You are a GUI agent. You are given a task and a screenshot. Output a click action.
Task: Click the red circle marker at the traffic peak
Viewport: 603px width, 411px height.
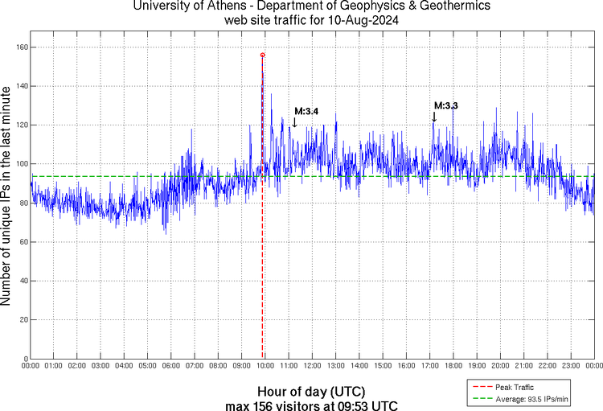point(262,55)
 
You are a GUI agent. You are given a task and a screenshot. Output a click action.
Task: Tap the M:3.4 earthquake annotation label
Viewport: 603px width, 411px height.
point(306,111)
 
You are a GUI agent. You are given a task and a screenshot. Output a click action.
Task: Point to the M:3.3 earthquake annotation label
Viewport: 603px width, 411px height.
point(446,105)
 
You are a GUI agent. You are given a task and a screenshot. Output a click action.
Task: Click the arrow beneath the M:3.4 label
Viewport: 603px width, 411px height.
point(294,122)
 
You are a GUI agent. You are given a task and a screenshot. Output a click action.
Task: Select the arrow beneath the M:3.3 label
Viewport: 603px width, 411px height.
point(434,117)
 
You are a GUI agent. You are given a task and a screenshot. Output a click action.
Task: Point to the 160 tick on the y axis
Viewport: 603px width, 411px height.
point(20,47)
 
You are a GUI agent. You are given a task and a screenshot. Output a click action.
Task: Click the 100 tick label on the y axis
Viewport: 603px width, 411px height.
point(20,164)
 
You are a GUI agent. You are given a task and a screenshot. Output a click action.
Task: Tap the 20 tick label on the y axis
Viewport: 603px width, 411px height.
point(23,319)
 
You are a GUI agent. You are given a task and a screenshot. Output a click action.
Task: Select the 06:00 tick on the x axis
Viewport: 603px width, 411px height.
point(171,366)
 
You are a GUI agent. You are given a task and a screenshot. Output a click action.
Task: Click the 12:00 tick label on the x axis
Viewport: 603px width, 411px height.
point(312,366)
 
